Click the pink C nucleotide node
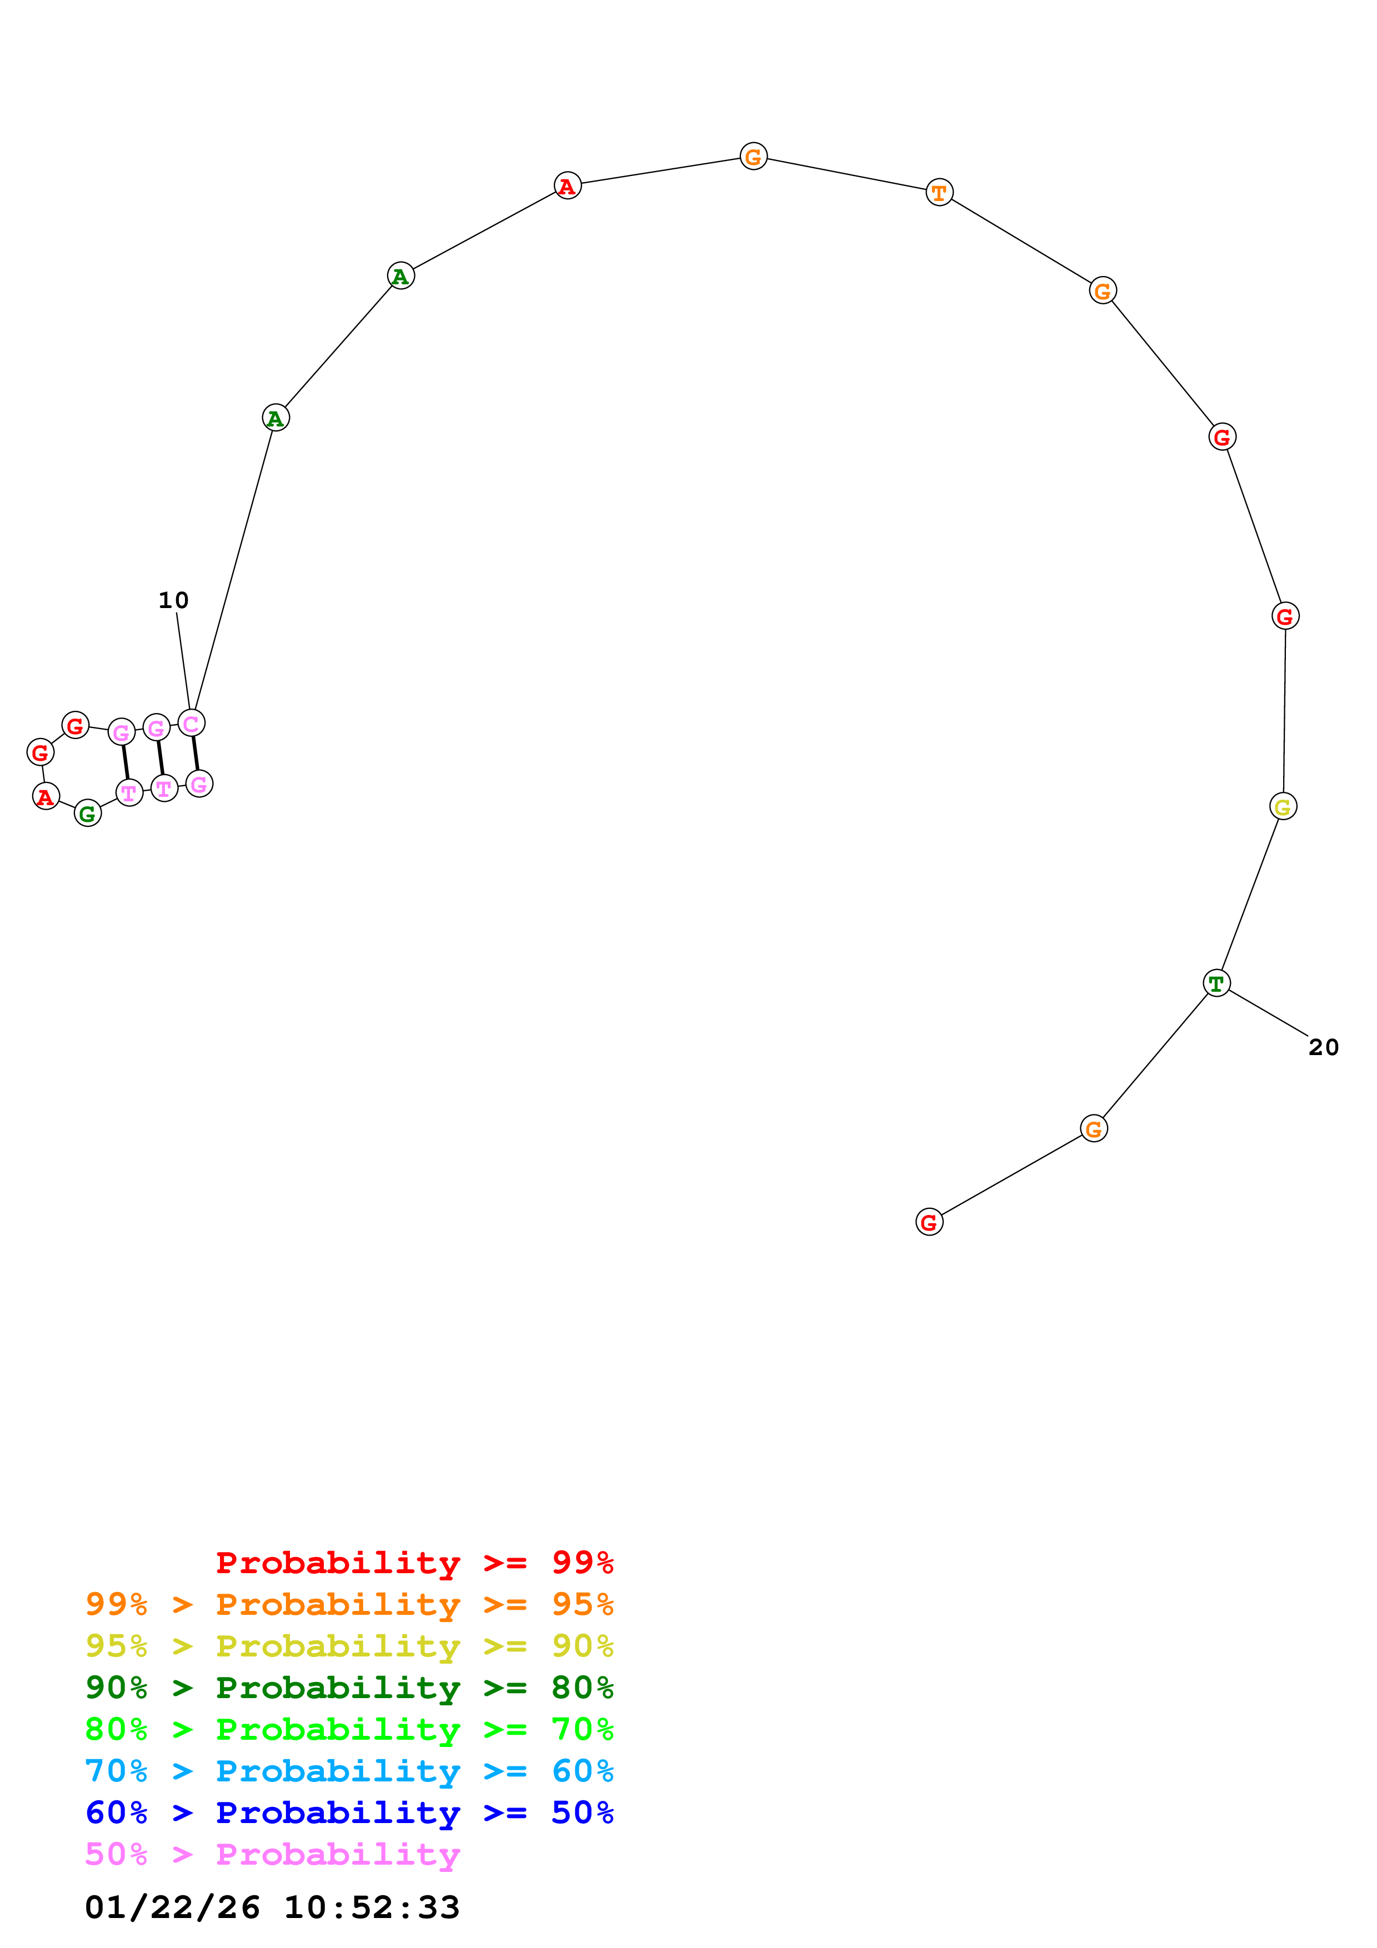(x=192, y=723)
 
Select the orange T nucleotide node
(x=938, y=193)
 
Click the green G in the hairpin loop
(x=87, y=813)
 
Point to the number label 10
(x=173, y=600)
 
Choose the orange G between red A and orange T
(x=753, y=156)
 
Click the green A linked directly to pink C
(x=276, y=418)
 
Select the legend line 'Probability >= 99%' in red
(x=414, y=1562)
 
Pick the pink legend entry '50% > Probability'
(x=272, y=1853)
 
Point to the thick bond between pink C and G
(x=195, y=754)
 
